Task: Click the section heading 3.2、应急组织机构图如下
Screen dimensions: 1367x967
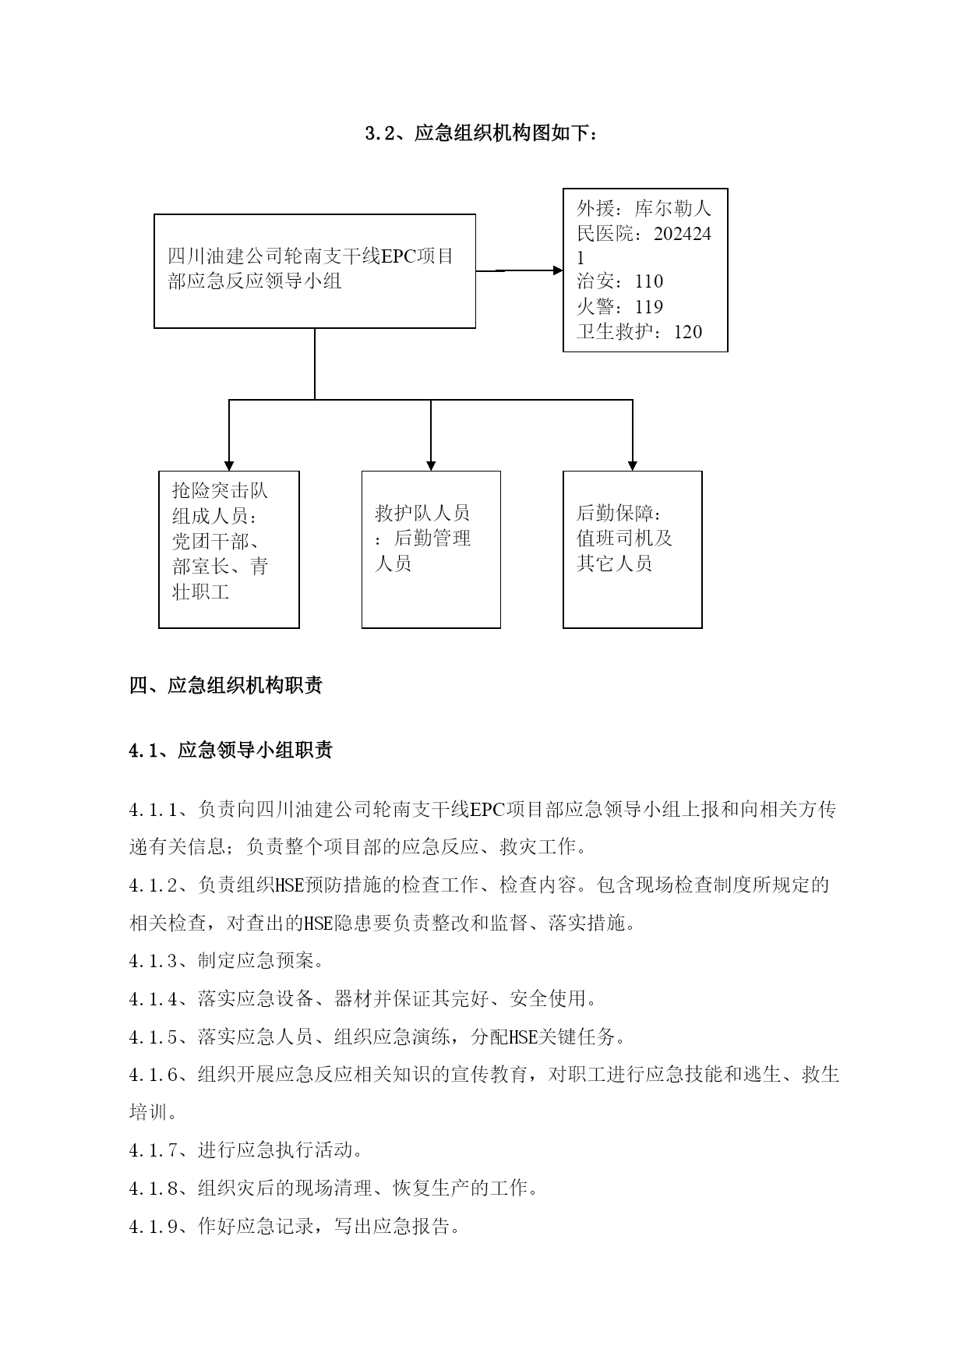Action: tap(482, 133)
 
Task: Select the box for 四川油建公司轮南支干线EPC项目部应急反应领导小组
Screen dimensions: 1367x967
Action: tap(315, 270)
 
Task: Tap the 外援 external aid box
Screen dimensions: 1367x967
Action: tap(645, 270)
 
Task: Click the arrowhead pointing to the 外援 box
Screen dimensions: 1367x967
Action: tap(558, 270)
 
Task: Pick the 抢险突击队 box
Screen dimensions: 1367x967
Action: tap(229, 549)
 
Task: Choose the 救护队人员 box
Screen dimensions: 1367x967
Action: tap(431, 549)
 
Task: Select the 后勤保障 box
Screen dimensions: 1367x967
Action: tap(632, 549)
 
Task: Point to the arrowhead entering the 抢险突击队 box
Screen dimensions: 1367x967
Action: tap(229, 465)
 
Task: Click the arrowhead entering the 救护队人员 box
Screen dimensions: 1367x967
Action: tap(431, 465)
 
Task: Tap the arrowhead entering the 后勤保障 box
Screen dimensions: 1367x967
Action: tap(632, 465)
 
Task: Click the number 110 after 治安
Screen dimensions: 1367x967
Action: tap(648, 281)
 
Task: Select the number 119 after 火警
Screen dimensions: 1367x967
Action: tap(648, 306)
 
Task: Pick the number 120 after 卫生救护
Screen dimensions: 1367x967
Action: tap(688, 332)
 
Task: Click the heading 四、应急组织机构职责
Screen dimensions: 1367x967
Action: tap(226, 686)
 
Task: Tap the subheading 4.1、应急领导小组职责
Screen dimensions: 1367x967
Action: tap(231, 750)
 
